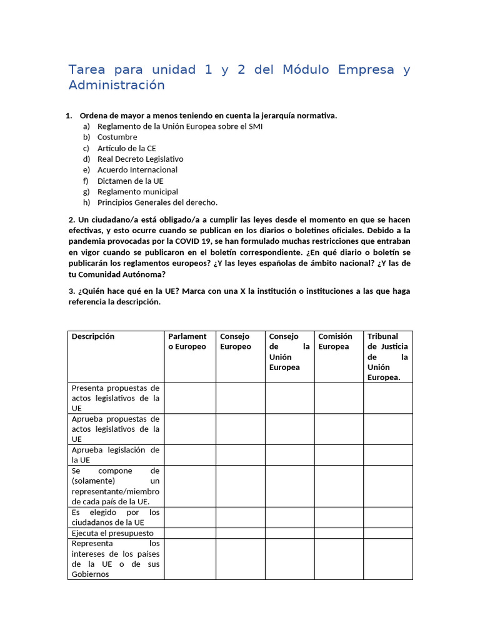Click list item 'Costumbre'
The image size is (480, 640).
(x=117, y=137)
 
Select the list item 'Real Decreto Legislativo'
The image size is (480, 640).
(x=140, y=159)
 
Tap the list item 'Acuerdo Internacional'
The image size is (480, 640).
(x=137, y=169)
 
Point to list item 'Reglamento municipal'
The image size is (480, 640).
(x=137, y=191)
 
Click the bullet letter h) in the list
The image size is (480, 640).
(x=86, y=202)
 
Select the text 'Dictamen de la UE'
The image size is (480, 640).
(x=130, y=181)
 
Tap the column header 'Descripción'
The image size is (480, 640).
(x=93, y=336)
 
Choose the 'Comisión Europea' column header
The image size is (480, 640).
(x=336, y=341)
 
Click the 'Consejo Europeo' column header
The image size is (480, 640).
(x=236, y=341)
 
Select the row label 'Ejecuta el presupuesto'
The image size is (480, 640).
(x=112, y=533)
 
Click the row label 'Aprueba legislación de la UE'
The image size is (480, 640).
(x=116, y=455)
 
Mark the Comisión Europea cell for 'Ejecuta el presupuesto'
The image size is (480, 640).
(x=339, y=533)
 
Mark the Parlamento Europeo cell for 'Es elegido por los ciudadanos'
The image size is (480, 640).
(x=190, y=517)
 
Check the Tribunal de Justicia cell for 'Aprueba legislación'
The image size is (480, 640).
(x=388, y=455)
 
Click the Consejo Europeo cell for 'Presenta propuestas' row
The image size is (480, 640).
(x=241, y=398)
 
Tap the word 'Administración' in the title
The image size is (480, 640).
(x=116, y=85)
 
